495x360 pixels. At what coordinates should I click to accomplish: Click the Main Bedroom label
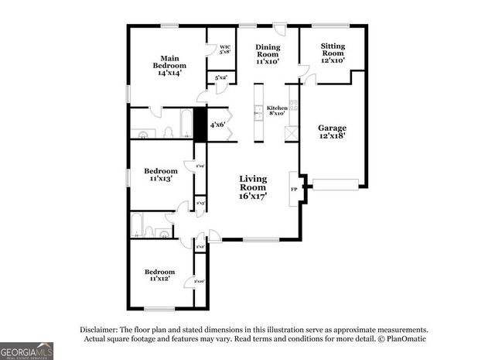pyautogui.click(x=170, y=65)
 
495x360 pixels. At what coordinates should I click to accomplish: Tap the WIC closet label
pyautogui.click(x=225, y=50)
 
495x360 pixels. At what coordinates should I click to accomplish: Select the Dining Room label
pyautogui.click(x=268, y=53)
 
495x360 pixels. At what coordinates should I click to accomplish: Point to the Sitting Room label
pyautogui.click(x=333, y=53)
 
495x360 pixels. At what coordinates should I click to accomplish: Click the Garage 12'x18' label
pyautogui.click(x=333, y=132)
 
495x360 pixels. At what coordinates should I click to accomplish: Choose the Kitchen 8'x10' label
pyautogui.click(x=277, y=111)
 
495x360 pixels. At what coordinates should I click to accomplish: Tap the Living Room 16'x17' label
pyautogui.click(x=253, y=187)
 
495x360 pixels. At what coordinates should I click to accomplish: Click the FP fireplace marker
pyautogui.click(x=294, y=188)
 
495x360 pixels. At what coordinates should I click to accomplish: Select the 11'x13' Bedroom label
pyautogui.click(x=161, y=174)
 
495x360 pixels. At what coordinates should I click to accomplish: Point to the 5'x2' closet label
pyautogui.click(x=220, y=77)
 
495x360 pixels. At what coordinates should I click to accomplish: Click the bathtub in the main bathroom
pyautogui.click(x=186, y=122)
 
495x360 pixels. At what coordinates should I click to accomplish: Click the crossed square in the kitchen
pyautogui.click(x=292, y=133)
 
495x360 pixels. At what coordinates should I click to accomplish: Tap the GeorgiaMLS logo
pyautogui.click(x=27, y=351)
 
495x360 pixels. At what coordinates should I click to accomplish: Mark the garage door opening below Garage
pyautogui.click(x=335, y=183)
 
